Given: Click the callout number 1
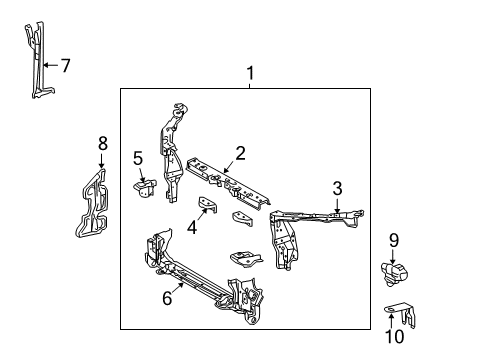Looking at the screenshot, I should [x=250, y=73].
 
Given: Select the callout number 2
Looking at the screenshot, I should [x=240, y=152].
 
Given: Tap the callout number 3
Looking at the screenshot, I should [x=337, y=187].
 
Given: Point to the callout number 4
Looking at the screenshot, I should [x=192, y=227].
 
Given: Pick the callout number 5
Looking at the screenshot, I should [x=138, y=157].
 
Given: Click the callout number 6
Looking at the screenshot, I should [x=167, y=297].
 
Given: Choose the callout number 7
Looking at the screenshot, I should [x=65, y=66].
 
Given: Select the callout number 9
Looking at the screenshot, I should [x=394, y=239].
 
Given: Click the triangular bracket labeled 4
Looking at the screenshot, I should [x=206, y=206].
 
